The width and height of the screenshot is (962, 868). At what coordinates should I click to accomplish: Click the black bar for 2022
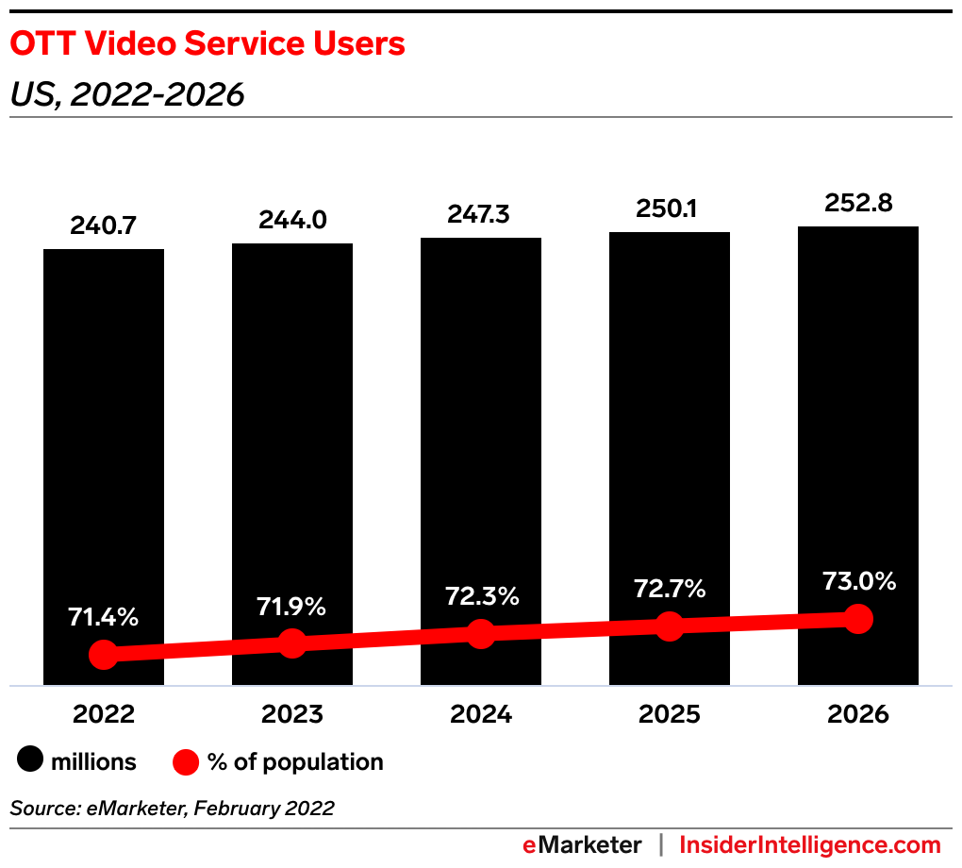104,425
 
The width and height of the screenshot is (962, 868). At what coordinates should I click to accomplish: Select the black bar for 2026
858,415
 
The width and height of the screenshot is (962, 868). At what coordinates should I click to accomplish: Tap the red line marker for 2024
481,634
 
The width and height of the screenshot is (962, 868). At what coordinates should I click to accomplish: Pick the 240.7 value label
104,226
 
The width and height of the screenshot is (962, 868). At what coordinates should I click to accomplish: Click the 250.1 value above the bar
670,209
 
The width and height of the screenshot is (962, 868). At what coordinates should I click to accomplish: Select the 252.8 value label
858,203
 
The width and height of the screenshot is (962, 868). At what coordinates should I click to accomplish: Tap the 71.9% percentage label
291,607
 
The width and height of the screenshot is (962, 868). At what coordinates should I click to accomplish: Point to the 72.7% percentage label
670,590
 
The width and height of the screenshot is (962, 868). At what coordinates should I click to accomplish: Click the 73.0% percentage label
858,581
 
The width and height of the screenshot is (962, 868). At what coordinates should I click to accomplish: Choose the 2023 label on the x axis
292,714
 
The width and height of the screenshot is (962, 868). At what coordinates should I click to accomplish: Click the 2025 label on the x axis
670,714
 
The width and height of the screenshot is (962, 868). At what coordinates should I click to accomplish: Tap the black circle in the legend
30,761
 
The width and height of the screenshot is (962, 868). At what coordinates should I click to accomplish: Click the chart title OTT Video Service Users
207,44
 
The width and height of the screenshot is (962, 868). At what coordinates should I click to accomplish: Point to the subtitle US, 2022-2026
127,94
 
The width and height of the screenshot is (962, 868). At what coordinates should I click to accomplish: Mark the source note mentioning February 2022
173,809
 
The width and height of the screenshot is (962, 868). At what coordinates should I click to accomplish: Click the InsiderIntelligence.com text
810,845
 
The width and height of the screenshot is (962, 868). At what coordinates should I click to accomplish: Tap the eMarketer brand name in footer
582,845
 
